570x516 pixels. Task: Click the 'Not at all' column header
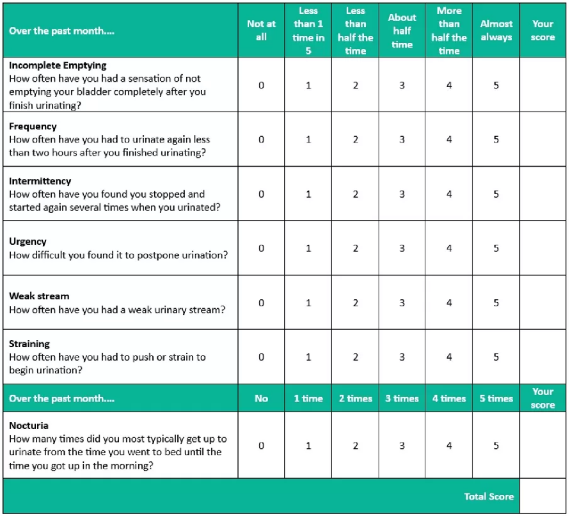[x=261, y=30]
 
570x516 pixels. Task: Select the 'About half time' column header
[x=402, y=31]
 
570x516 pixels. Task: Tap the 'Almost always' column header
[x=496, y=30]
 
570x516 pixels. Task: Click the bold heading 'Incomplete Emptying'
[x=58, y=65]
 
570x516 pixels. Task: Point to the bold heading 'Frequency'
[x=33, y=126]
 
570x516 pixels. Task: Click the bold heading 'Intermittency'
[x=40, y=181]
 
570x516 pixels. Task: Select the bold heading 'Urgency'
[x=28, y=242]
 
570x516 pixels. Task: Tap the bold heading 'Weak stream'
[x=39, y=296]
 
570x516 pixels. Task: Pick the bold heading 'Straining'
[x=29, y=344]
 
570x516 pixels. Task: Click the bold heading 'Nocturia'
[x=29, y=425]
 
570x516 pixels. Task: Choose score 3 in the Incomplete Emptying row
[x=402, y=85]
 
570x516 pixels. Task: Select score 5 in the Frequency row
[x=496, y=139]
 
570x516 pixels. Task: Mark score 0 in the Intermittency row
[x=261, y=194]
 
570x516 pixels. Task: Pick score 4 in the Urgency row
[x=449, y=248]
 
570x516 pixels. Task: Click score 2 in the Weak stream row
[x=356, y=302]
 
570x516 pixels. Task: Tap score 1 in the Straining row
[x=308, y=357]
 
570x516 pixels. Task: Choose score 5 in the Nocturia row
[x=496, y=446]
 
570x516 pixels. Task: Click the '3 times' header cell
[x=402, y=398]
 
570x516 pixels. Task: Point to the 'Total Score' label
[x=489, y=496]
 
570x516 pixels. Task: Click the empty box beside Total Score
[x=542, y=496]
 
